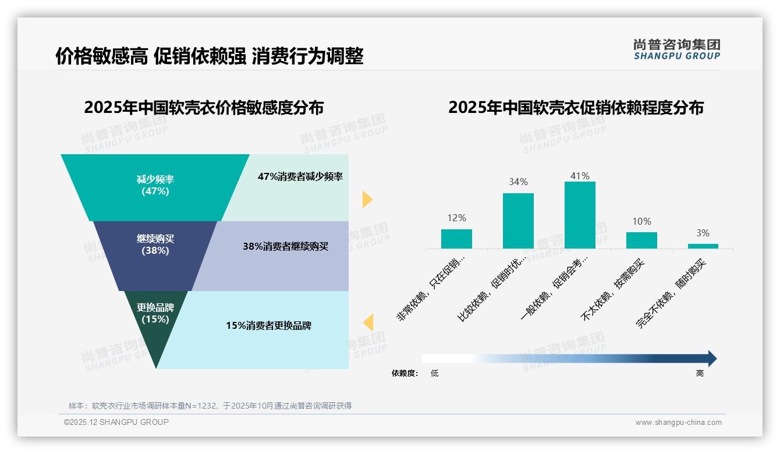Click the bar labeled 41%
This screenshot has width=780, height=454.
(x=580, y=215)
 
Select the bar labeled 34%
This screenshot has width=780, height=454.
(x=518, y=221)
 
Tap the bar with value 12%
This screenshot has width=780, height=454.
(x=456, y=239)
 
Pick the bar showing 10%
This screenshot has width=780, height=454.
(x=641, y=240)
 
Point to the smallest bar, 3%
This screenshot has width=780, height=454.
(x=703, y=246)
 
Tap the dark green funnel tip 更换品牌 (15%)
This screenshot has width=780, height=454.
(x=155, y=326)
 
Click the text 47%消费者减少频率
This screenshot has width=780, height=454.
(x=300, y=176)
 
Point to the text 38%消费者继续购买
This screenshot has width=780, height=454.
(x=285, y=246)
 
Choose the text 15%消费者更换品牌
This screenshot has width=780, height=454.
(x=268, y=325)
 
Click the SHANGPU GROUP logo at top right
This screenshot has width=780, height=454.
(x=676, y=49)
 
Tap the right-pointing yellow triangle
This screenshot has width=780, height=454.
(x=367, y=199)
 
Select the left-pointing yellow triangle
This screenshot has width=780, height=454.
(x=367, y=322)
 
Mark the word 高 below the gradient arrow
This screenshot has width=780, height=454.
(x=700, y=373)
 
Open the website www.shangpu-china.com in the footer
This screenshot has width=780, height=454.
(x=678, y=423)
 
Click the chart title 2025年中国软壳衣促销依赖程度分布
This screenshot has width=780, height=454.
(x=576, y=108)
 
